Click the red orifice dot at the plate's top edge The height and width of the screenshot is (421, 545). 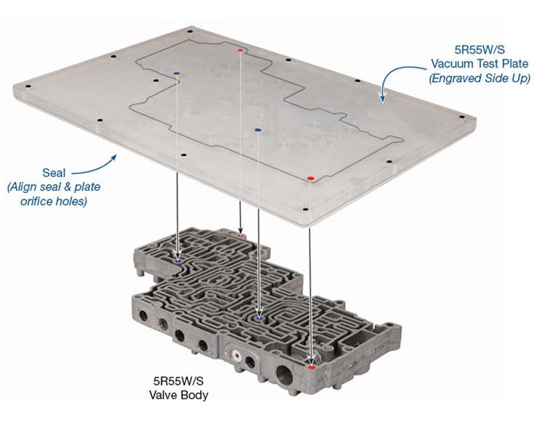241,50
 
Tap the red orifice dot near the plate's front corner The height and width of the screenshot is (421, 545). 310,178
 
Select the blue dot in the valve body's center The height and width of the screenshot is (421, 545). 259,316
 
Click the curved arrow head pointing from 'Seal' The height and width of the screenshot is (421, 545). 116,153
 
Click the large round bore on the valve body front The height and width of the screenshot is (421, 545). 283,375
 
